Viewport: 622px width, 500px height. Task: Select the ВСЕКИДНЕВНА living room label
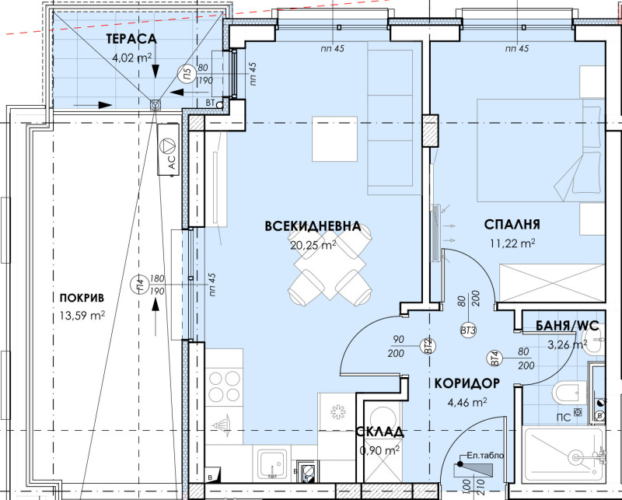[313, 226]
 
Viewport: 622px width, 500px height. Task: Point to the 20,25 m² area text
[312, 243]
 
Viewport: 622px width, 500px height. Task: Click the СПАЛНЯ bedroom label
[512, 225]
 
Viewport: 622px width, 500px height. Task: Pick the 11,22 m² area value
[512, 242]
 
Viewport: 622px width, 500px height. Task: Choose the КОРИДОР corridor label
[466, 383]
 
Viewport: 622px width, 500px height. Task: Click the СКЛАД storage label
[380, 432]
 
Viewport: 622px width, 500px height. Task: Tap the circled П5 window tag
[187, 75]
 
